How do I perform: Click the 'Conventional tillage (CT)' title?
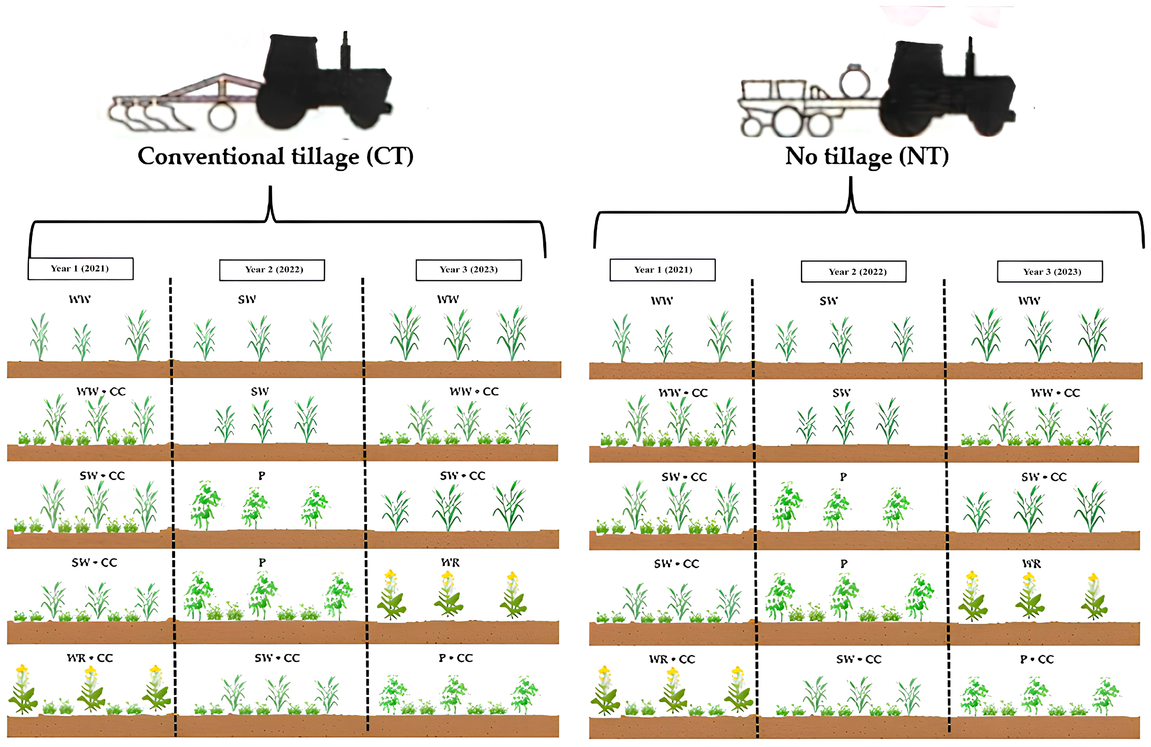(x=275, y=157)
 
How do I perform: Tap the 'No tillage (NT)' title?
(x=867, y=157)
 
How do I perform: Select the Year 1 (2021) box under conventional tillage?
(x=80, y=269)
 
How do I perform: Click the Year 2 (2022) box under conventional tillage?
(x=272, y=270)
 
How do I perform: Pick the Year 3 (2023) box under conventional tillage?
(x=469, y=270)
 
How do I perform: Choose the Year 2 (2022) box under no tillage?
(x=853, y=271)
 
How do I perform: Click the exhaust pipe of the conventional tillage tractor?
(x=345, y=51)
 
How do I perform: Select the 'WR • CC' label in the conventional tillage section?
(x=90, y=658)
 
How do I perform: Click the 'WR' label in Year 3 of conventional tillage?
(x=450, y=562)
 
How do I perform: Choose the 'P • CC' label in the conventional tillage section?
(x=456, y=658)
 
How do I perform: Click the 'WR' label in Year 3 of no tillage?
(x=1031, y=564)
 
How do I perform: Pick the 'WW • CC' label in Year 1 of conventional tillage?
(x=101, y=391)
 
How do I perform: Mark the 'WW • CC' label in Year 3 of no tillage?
(x=1055, y=393)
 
